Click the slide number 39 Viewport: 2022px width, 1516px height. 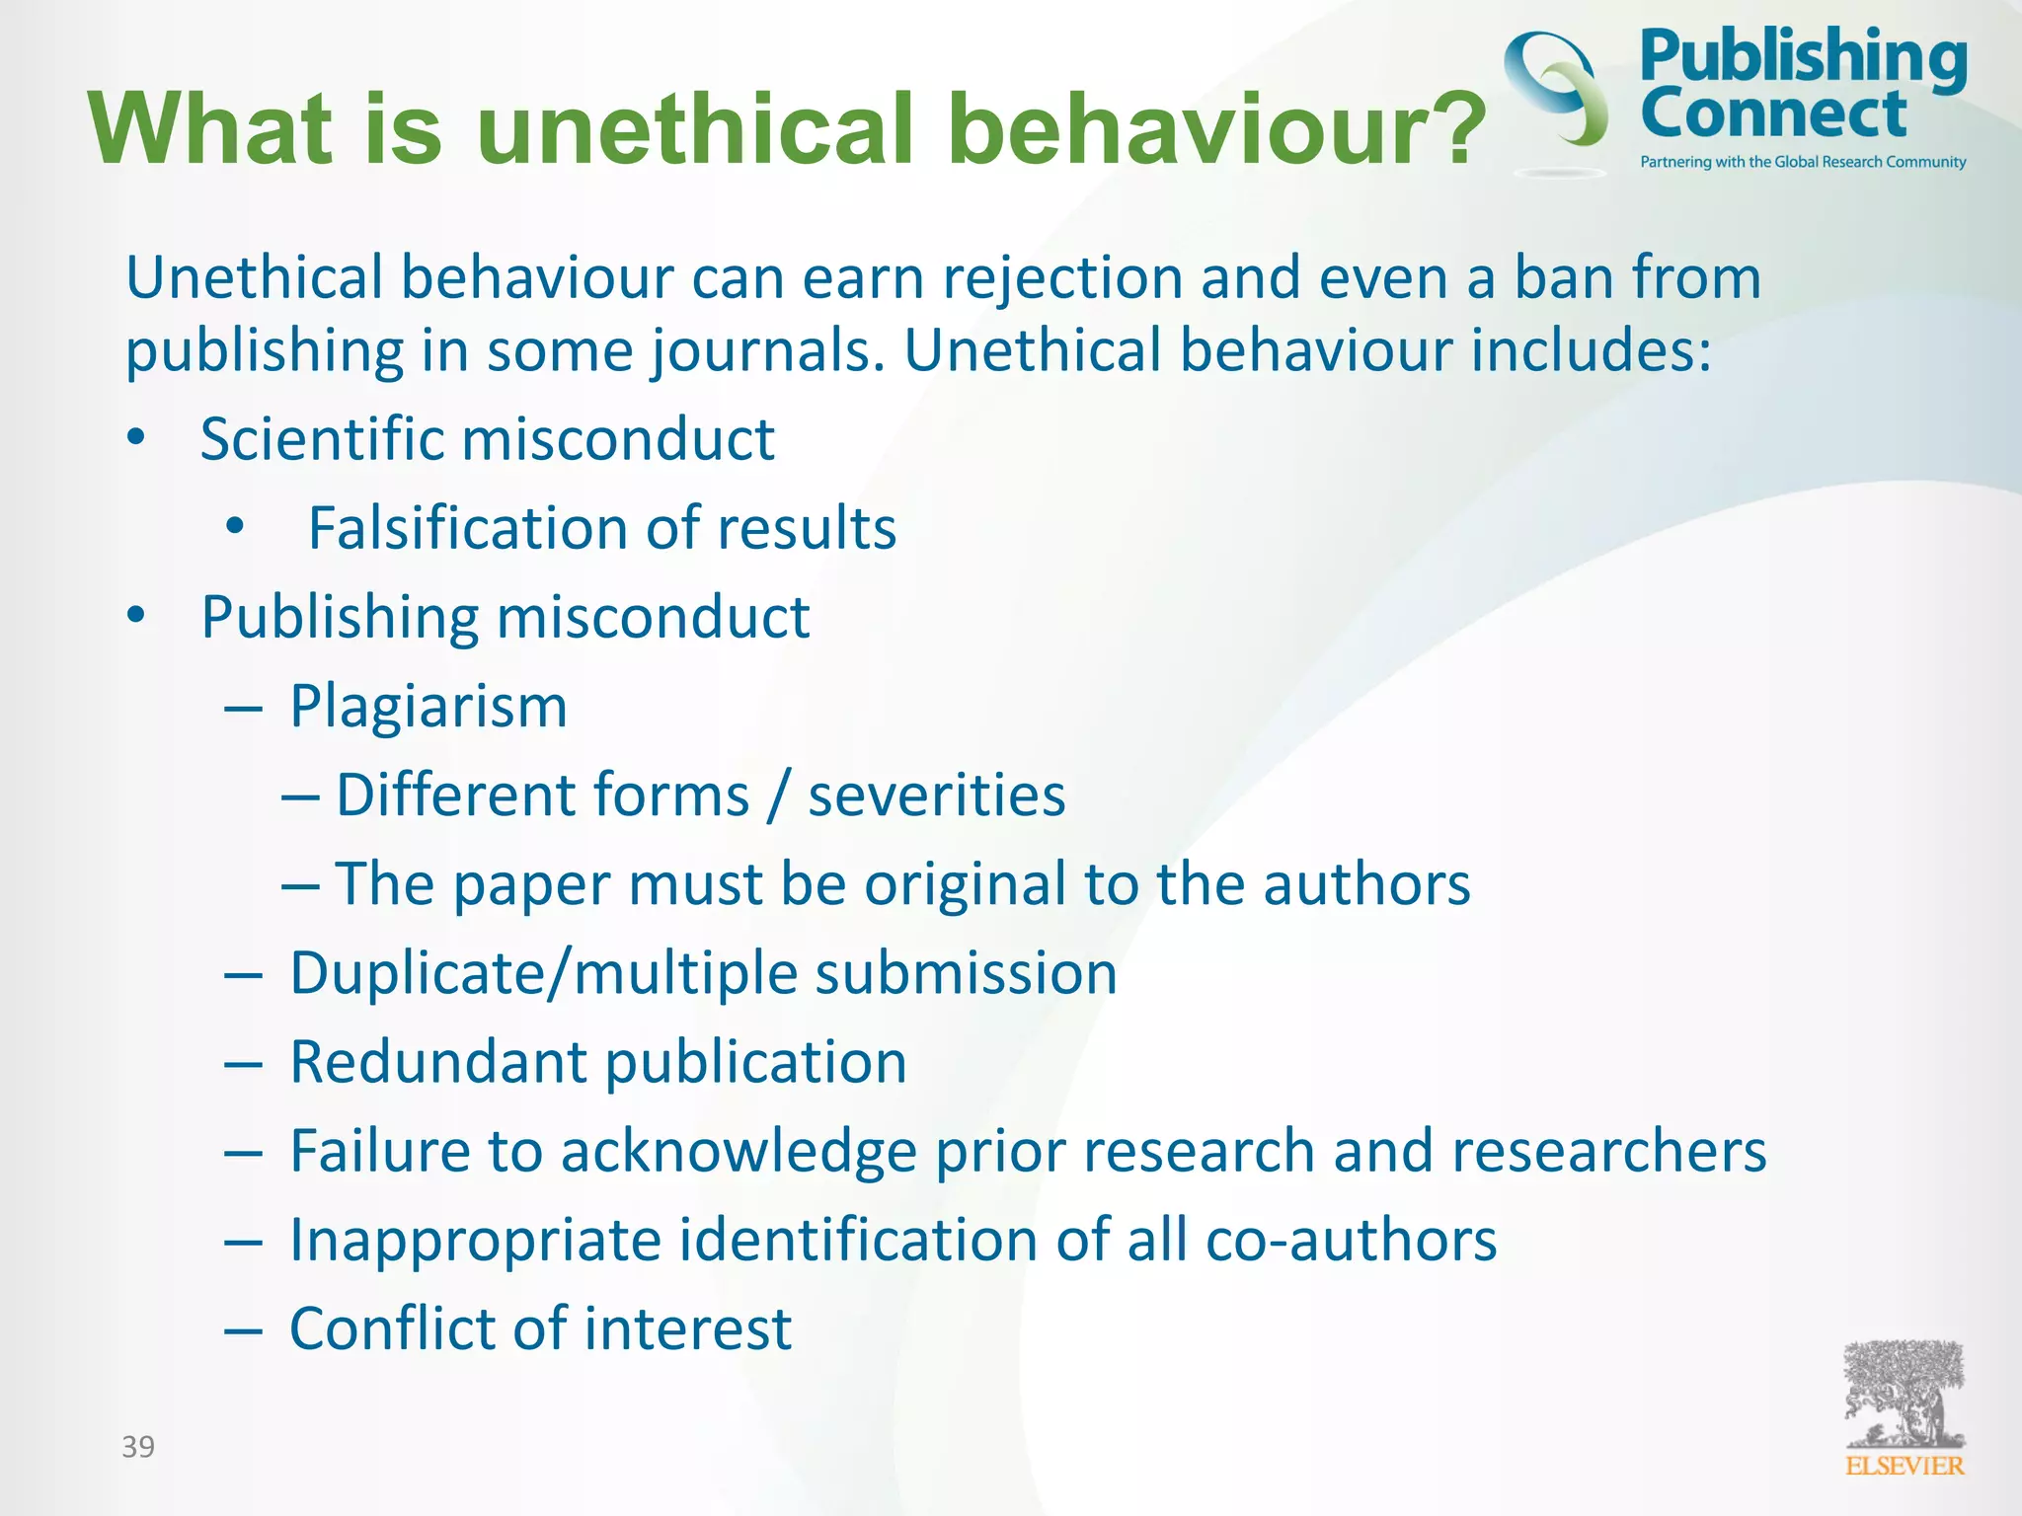pyautogui.click(x=138, y=1447)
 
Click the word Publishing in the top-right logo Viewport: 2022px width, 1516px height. pyautogui.click(x=1803, y=58)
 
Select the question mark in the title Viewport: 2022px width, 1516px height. pyautogui.click(x=1457, y=128)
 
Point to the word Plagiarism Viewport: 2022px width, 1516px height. pyautogui.click(x=428, y=707)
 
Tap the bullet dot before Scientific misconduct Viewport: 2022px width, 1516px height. pyautogui.click(x=136, y=436)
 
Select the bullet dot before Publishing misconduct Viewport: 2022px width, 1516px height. pyautogui.click(x=136, y=615)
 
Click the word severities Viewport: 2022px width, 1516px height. pyautogui.click(x=936, y=796)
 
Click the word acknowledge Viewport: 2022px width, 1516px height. pyautogui.click(x=739, y=1152)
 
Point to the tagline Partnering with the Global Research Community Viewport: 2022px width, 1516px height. pyautogui.click(x=1803, y=162)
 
